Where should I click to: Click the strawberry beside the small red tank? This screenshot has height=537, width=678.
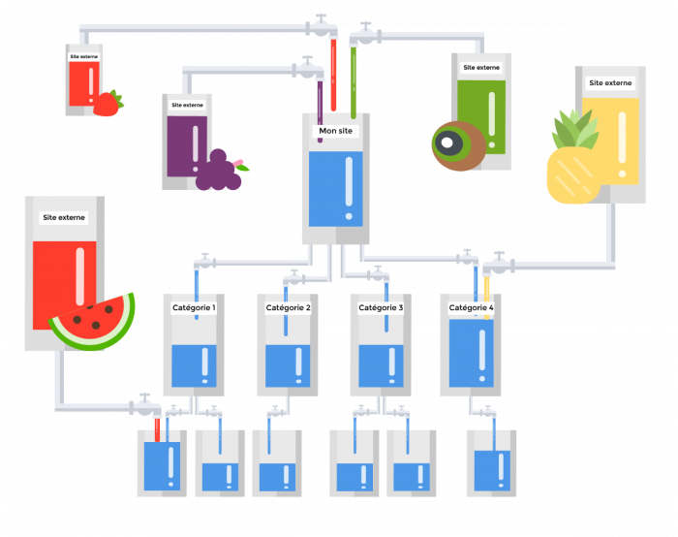tap(107, 104)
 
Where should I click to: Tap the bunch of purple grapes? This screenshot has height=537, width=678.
tap(218, 172)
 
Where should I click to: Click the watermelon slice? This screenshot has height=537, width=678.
tap(92, 322)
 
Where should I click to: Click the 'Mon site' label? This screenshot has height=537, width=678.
tap(336, 131)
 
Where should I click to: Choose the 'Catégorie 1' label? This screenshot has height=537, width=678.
tap(194, 307)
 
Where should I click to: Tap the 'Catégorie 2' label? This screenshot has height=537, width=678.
tap(288, 307)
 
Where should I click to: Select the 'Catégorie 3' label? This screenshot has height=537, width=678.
tap(381, 307)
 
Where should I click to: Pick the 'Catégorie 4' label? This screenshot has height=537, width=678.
tap(471, 307)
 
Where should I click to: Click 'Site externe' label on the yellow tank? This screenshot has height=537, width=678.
tap(610, 83)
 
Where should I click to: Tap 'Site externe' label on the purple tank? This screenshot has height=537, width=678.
tap(187, 105)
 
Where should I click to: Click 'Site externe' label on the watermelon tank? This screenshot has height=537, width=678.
tap(64, 218)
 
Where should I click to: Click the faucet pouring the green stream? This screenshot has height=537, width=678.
tap(364, 36)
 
